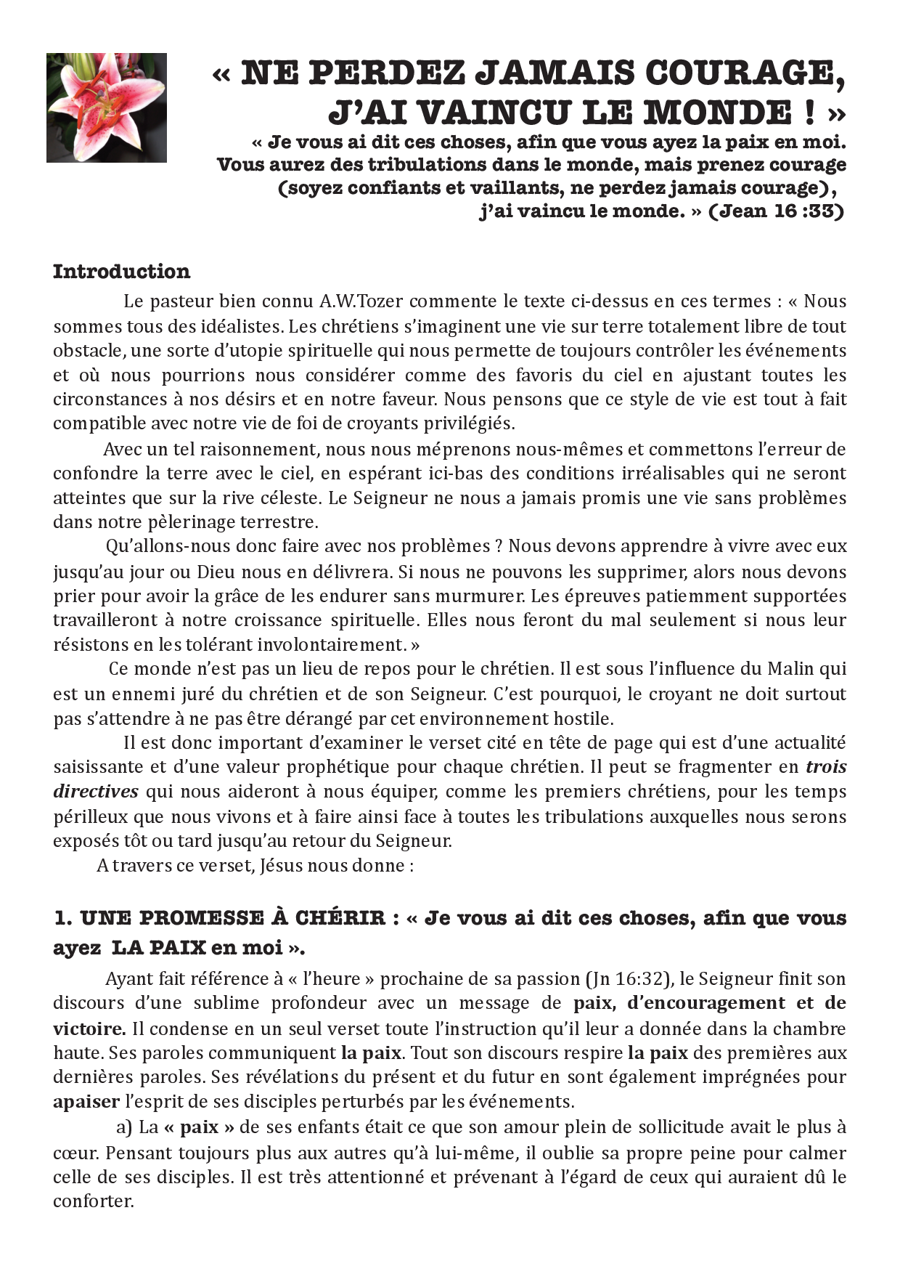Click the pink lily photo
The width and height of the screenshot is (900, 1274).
coord(107,107)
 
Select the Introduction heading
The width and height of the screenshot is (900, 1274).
coord(121,272)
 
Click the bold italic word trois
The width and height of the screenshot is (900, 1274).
coord(826,767)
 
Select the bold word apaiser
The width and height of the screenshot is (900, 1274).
coord(86,1102)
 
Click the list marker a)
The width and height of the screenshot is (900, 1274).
coord(124,1127)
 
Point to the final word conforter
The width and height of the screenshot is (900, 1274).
coord(93,1201)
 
